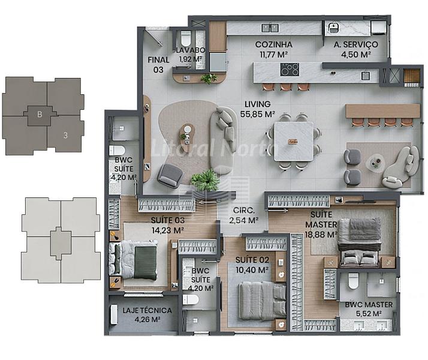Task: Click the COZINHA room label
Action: (273, 44)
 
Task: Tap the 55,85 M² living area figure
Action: (257, 114)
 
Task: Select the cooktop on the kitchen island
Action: (290, 70)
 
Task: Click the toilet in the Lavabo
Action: (186, 38)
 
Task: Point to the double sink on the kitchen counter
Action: (270, 28)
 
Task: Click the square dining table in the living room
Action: (294, 141)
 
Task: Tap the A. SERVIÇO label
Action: (355, 44)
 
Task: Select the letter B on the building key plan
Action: (40, 114)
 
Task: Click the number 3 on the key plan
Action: (65, 135)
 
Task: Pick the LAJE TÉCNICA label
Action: (147, 311)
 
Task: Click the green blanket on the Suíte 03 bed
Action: (146, 263)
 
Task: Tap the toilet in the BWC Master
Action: (353, 281)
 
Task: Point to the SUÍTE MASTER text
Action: (321, 220)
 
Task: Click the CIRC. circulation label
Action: (244, 211)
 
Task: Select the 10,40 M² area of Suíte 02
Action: (252, 270)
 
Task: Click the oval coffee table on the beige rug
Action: (187, 134)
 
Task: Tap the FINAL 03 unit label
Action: (158, 65)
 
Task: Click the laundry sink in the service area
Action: (333, 28)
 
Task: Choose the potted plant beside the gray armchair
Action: (205, 180)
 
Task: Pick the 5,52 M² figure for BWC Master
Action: (369, 314)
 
